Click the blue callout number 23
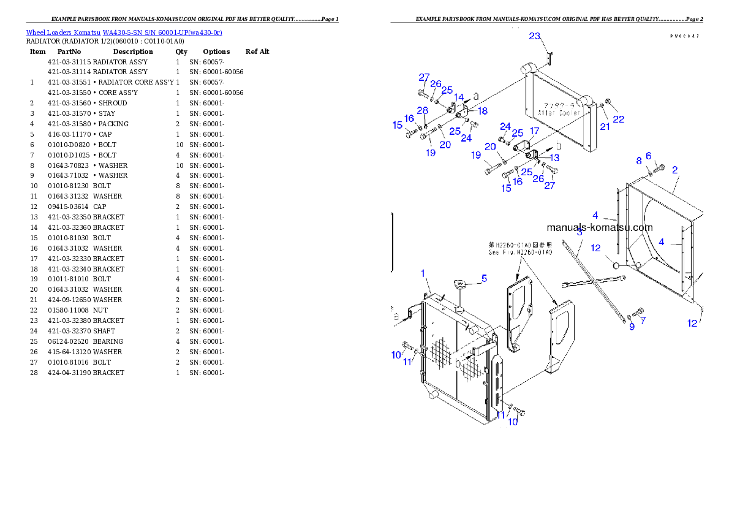coord(535,36)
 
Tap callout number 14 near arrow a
coord(459,97)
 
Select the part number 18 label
coord(483,111)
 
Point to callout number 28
coord(422,110)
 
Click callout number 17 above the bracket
coord(534,131)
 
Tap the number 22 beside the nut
coord(619,119)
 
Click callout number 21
coord(605,126)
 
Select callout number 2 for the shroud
coord(674,170)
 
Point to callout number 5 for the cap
coord(484,278)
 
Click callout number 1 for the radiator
coord(423,272)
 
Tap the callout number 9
coord(632,327)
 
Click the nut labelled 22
coord(608,102)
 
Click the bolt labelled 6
coord(659,166)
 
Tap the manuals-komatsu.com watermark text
coord(599,227)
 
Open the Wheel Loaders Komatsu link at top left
coord(124,32)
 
